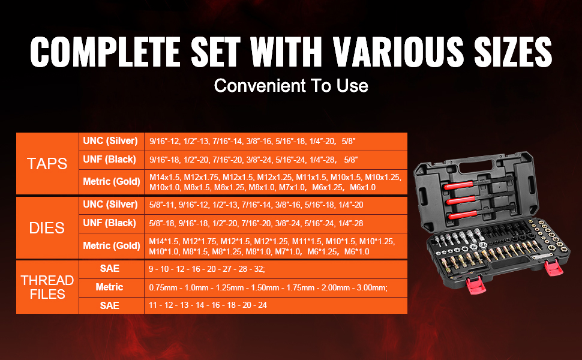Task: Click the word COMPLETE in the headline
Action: point(105,52)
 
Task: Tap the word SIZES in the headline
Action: point(513,52)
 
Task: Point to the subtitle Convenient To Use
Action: point(291,86)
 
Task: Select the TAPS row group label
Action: point(47,164)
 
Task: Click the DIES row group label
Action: point(47,228)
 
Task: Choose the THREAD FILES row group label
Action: point(47,287)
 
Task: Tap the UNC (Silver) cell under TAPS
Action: point(110,141)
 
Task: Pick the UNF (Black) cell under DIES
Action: point(109,223)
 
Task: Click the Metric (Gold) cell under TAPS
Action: point(112,181)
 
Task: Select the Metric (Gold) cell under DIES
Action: point(112,245)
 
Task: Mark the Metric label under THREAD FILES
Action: point(109,287)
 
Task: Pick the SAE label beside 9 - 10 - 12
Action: point(109,268)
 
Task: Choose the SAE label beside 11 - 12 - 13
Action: point(109,305)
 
